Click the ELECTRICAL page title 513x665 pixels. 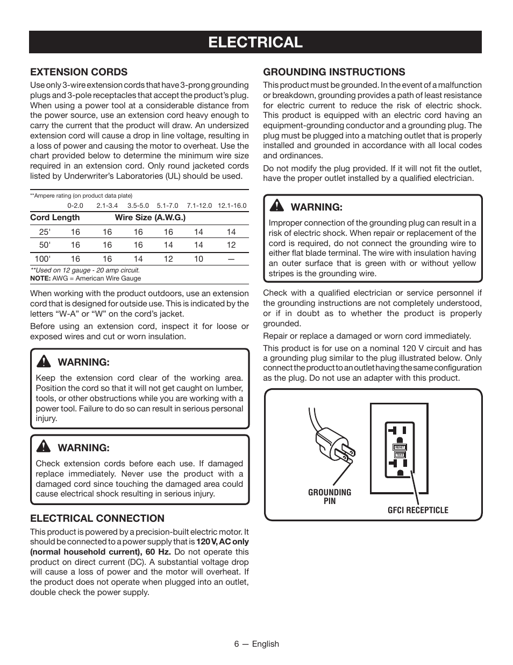pos(255,42)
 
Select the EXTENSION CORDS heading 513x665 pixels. pos(79,72)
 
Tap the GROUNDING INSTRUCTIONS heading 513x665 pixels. pos(334,72)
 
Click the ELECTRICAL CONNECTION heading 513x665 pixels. pos(97,518)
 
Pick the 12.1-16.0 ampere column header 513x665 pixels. pos(232,206)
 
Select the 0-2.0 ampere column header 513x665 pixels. pos(75,206)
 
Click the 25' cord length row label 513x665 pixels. pos(45,232)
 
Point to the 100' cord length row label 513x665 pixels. pos(42,258)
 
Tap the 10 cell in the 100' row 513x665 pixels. pos(198,258)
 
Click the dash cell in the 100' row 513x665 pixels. pos(231,258)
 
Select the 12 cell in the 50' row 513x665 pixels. pos(231,245)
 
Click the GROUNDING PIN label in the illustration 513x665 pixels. pos(330,496)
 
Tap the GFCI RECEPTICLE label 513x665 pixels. pos(418,510)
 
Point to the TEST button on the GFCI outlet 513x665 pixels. pos(400,455)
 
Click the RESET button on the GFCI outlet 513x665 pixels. pos(400,447)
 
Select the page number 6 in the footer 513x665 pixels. pos(237,643)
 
